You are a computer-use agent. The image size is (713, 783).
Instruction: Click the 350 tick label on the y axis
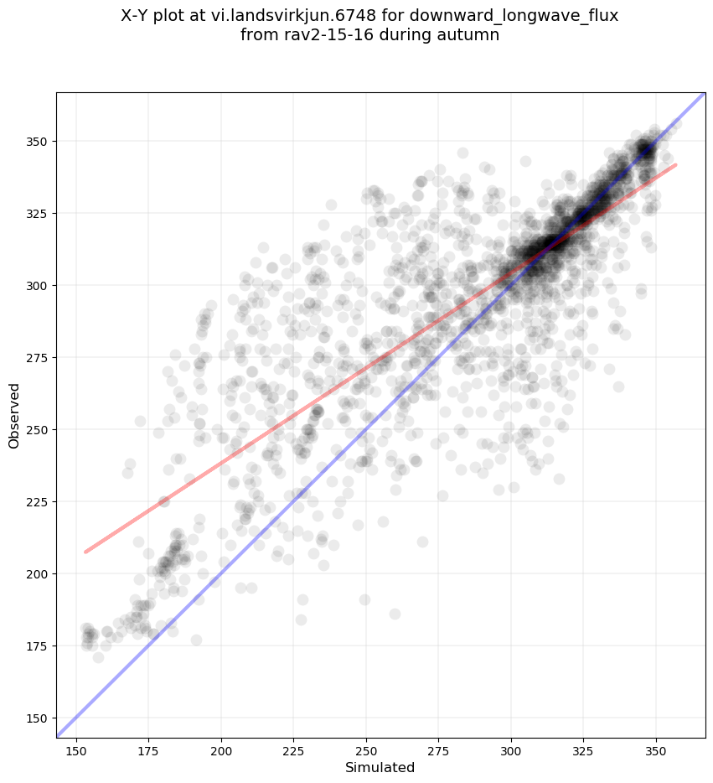(37, 142)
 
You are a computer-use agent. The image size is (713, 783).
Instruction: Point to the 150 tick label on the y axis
(37, 718)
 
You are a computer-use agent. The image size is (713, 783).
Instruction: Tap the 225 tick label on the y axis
(37, 502)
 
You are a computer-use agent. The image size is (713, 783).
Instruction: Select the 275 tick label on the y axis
(37, 358)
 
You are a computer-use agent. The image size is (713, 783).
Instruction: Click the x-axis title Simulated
(380, 768)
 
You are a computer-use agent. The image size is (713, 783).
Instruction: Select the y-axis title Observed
(14, 415)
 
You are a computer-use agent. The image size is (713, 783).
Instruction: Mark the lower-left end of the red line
(85, 552)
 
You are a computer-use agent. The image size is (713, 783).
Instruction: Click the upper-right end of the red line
(675, 164)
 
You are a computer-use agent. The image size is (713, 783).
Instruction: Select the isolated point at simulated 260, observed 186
(395, 614)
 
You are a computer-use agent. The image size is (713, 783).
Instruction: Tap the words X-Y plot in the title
(160, 16)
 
